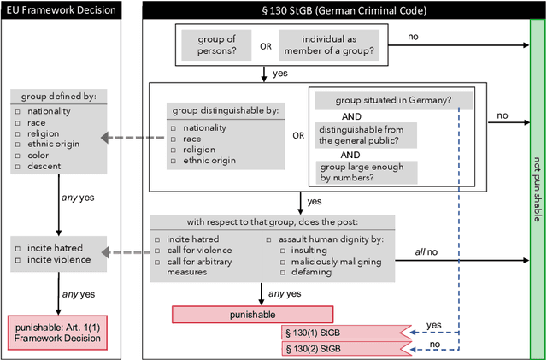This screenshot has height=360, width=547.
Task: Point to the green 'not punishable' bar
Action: (535, 180)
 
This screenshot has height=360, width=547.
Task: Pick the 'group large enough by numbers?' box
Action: (362, 173)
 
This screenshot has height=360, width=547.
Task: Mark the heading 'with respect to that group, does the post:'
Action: (273, 221)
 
